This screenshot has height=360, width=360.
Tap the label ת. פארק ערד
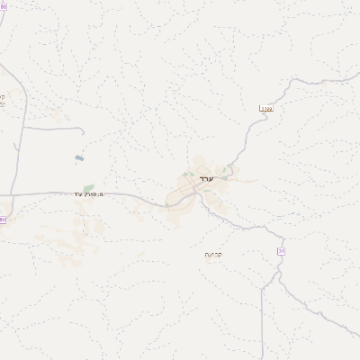[x=90, y=193]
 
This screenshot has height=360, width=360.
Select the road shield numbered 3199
[x=265, y=109]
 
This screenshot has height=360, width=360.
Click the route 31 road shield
[x=281, y=251]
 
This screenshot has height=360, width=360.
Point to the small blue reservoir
[x=79, y=158]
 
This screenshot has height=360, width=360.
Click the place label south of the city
[x=213, y=254]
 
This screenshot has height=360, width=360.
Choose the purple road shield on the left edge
[x=3, y=219]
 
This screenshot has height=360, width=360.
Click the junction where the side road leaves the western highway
[x=22, y=127]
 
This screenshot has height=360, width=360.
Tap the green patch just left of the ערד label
[x=186, y=174]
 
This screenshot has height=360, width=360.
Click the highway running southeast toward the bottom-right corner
[x=324, y=324]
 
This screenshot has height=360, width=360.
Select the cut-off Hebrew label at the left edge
[x=3, y=99]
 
